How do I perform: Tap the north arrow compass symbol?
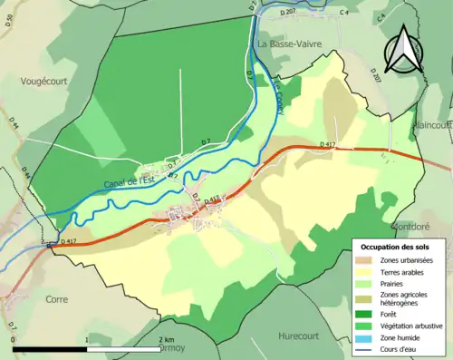405,50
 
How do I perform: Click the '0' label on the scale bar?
13,339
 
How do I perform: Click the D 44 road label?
14,120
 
